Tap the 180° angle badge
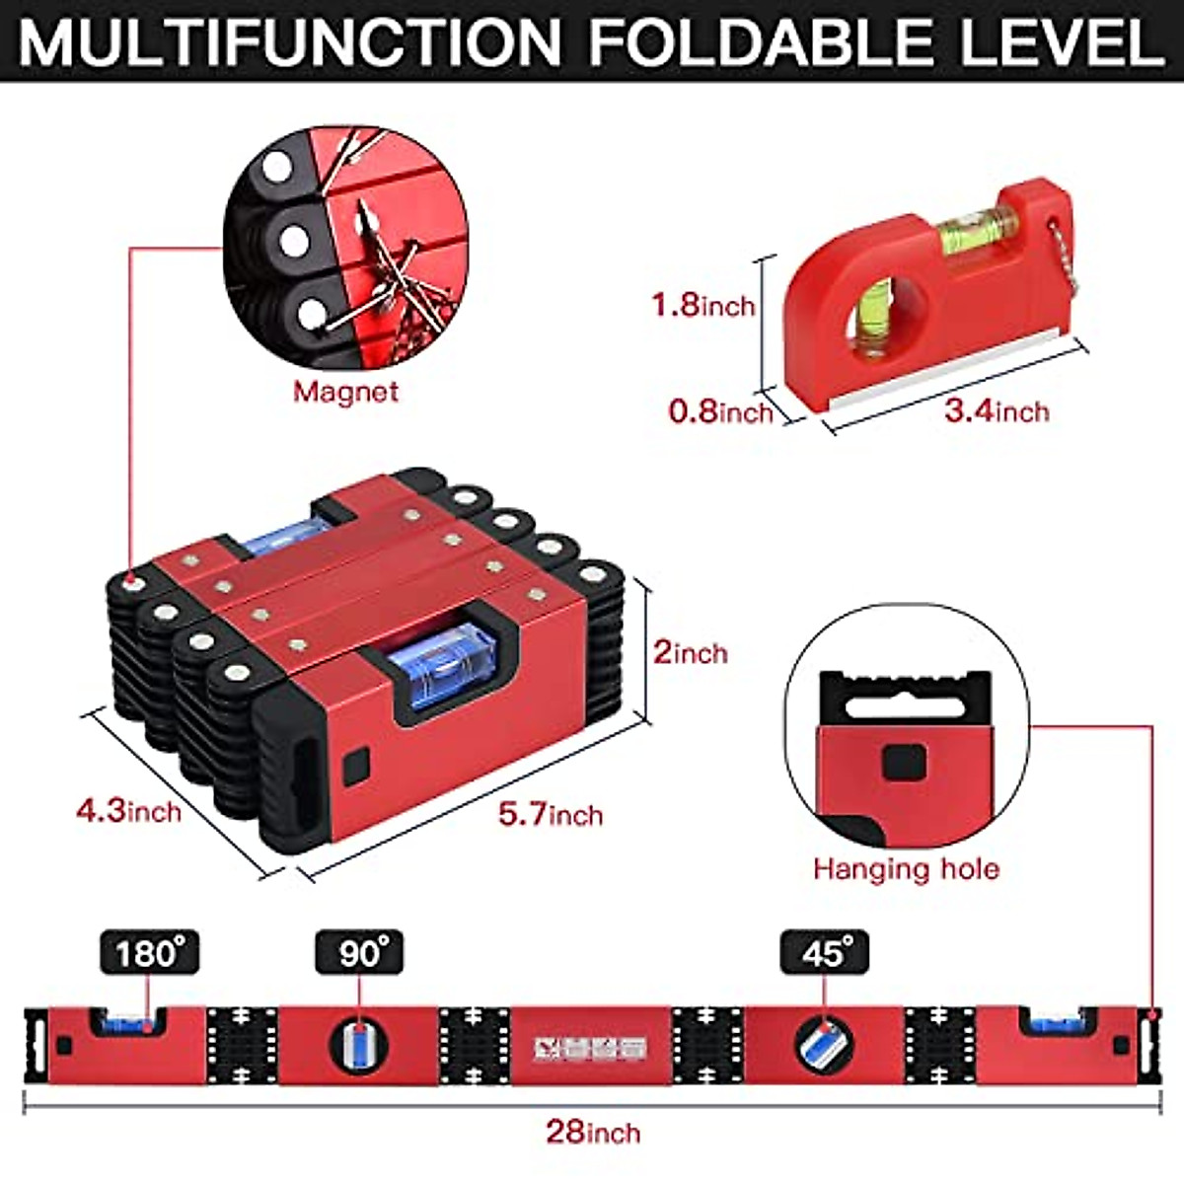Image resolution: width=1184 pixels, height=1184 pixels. [x=149, y=953]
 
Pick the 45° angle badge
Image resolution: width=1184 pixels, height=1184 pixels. [x=825, y=953]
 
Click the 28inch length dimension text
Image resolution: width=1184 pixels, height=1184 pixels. [x=593, y=1131]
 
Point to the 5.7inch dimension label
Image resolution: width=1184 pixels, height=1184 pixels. [x=550, y=815]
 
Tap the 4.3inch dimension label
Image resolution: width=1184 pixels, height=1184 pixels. [x=129, y=811]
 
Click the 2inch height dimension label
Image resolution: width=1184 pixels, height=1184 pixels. [x=690, y=652]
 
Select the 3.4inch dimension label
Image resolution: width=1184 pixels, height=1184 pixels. [x=997, y=410]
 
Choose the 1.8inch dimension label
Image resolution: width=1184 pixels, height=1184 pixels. [x=703, y=305]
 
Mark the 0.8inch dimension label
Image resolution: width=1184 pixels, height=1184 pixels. [x=720, y=410]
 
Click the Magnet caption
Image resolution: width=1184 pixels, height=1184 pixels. [x=345, y=392]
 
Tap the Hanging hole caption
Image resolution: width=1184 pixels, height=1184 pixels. [x=906, y=869]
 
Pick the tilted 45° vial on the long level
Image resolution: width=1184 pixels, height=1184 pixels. [x=824, y=1045]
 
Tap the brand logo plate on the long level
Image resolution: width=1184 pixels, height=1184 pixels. [x=589, y=1047]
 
